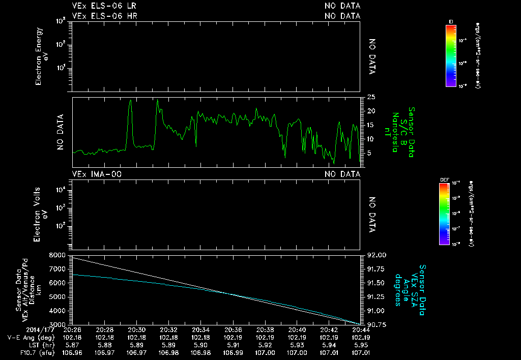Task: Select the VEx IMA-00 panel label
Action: (x=97, y=174)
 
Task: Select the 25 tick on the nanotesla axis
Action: (x=371, y=97)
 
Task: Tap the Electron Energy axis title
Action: (x=43, y=56)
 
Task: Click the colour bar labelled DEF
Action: (x=445, y=214)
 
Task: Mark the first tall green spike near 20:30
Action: (x=131, y=102)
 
